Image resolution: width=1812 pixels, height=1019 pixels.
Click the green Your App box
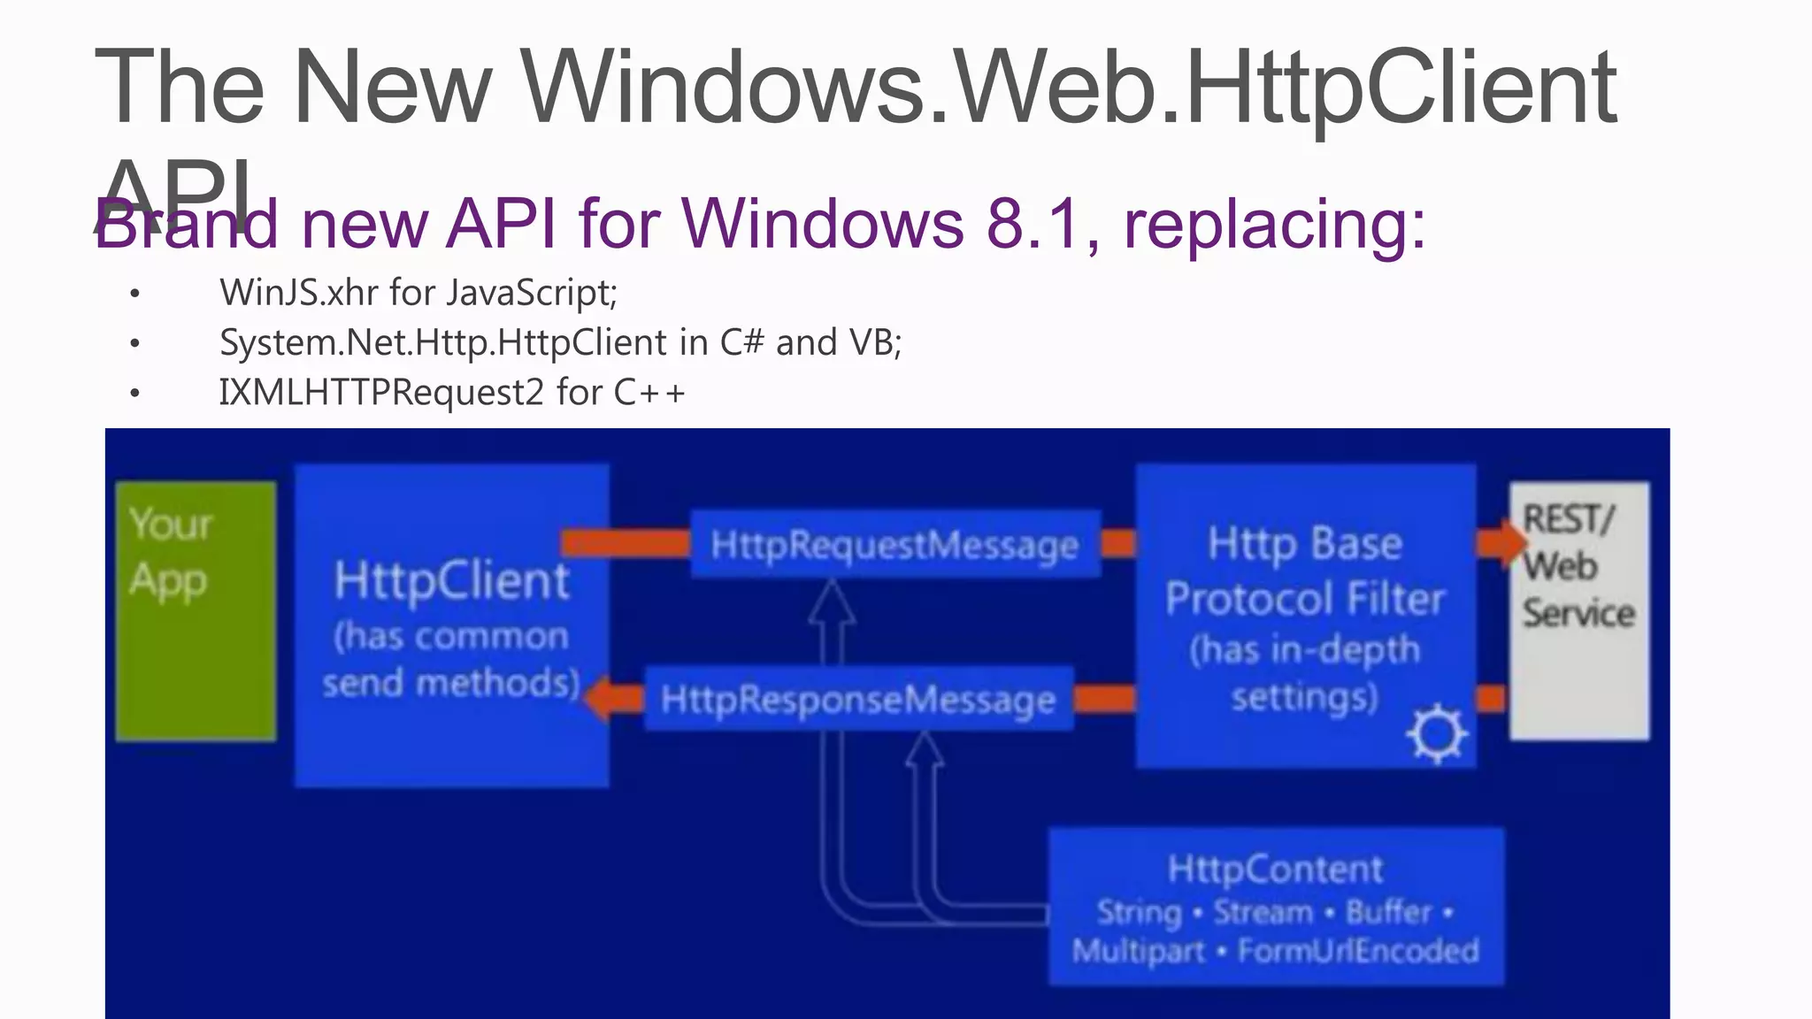tap(196, 610)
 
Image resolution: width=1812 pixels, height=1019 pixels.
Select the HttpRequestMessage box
tap(894, 544)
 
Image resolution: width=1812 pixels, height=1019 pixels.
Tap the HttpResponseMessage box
tap(858, 699)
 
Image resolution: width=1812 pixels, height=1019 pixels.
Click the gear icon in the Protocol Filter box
tap(1436, 733)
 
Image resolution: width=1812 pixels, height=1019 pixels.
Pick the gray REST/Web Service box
tap(1579, 610)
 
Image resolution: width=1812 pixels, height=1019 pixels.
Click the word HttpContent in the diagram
tap(1275, 869)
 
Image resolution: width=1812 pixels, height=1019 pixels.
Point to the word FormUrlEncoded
tap(1358, 951)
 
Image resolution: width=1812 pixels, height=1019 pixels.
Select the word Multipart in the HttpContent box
tap(1139, 951)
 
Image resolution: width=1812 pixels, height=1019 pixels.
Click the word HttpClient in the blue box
tap(451, 581)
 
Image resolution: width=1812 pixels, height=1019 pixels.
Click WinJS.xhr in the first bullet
tap(299, 292)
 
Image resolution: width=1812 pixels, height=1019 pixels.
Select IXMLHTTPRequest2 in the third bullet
tap(380, 392)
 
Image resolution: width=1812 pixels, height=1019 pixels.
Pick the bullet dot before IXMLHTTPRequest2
tap(134, 393)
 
